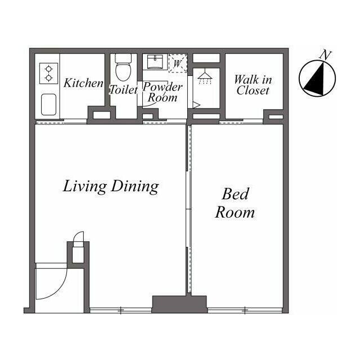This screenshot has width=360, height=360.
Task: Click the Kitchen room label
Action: (84, 83)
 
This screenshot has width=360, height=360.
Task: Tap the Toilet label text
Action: (124, 89)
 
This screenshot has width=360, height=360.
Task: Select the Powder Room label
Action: (163, 92)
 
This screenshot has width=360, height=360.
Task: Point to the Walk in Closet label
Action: (253, 85)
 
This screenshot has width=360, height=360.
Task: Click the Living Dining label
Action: (111, 186)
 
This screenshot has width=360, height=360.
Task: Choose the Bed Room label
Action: (235, 203)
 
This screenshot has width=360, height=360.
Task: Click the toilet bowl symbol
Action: (123, 68)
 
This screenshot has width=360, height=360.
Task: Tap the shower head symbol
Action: (205, 78)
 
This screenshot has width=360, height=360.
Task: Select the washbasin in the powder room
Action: (155, 62)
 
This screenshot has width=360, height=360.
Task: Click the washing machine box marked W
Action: (178, 64)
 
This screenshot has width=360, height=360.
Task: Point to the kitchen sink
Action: (49, 104)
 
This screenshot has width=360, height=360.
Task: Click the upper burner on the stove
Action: (49, 69)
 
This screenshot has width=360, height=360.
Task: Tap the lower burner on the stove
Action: (49, 78)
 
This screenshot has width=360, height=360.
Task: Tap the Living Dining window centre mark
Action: (121, 310)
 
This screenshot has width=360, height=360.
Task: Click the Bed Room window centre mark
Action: (245, 310)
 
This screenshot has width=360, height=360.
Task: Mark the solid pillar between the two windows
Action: (179, 304)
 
